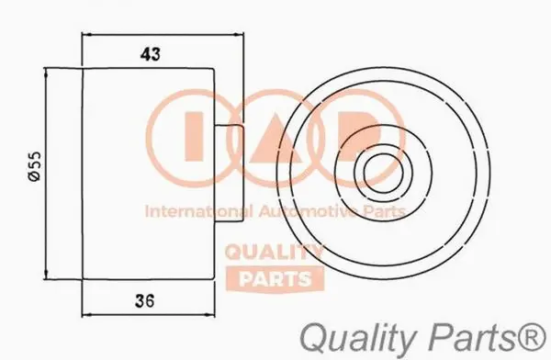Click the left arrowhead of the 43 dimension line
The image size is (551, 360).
86,36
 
